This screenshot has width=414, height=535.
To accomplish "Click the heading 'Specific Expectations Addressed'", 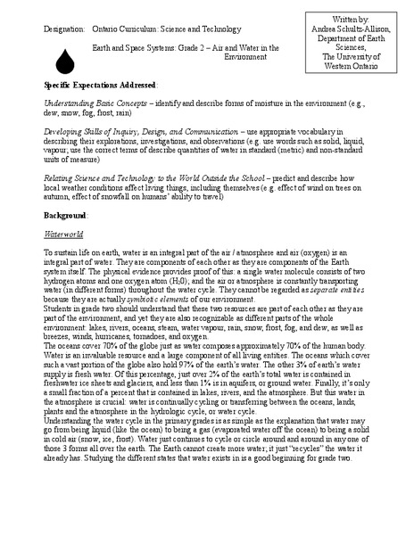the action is point(98,83).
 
